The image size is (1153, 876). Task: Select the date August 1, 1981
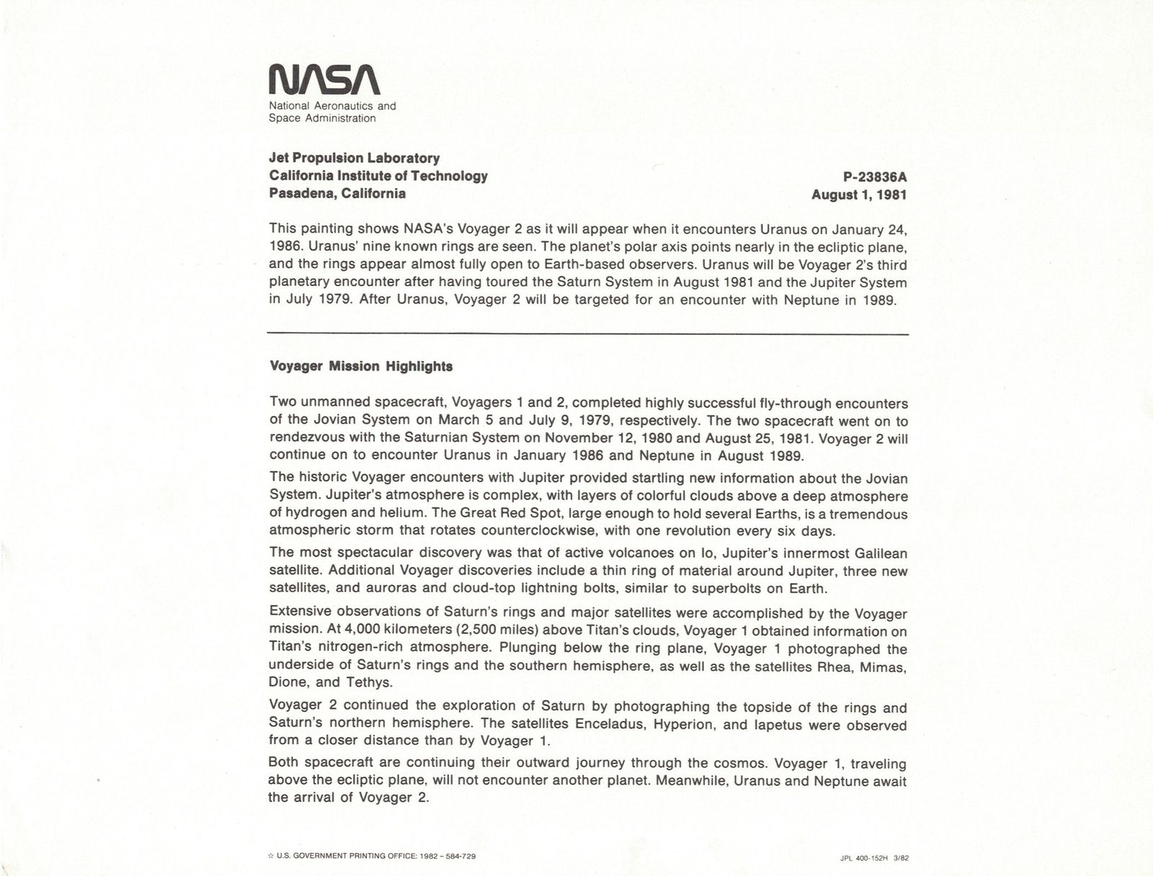coord(858,195)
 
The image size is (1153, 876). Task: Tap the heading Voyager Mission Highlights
coord(361,366)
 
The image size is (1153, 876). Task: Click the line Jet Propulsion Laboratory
coord(354,158)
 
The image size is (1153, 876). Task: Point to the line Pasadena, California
coord(337,193)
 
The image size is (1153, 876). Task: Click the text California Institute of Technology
coord(378,176)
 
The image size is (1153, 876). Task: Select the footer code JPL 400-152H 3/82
coord(873,858)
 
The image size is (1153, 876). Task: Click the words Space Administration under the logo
coord(322,118)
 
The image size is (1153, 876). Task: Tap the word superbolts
coord(723,589)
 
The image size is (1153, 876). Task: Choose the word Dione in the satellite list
coord(287,682)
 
